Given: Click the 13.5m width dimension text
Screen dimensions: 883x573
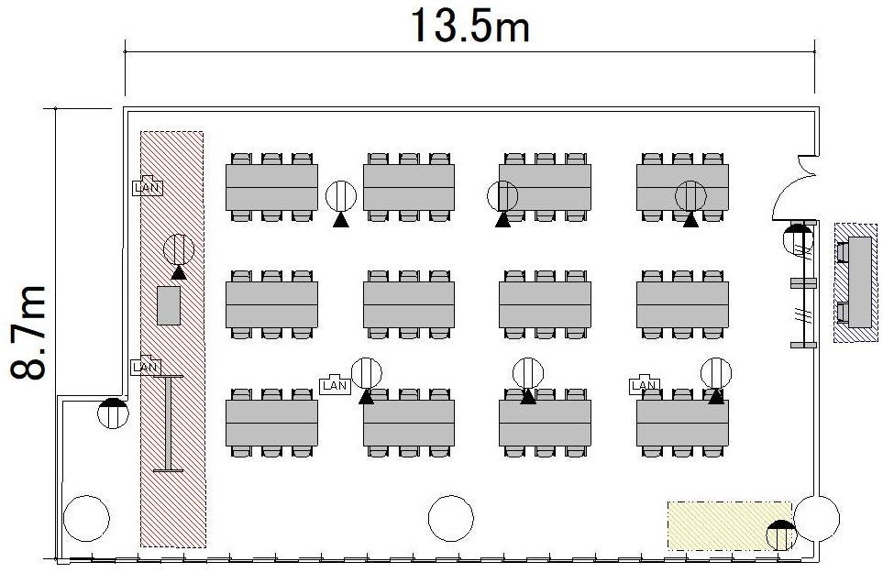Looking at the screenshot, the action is pyautogui.click(x=470, y=26).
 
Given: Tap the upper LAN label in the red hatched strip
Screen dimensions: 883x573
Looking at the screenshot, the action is pyautogui.click(x=148, y=187).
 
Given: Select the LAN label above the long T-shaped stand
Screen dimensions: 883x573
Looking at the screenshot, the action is pyautogui.click(x=145, y=367).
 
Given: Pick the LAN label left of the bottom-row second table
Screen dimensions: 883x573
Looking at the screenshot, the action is pyautogui.click(x=335, y=384).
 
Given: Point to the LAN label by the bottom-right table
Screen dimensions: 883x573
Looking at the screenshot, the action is pyautogui.click(x=645, y=384).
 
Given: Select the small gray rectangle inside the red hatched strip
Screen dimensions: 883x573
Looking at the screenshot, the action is pyautogui.click(x=169, y=305).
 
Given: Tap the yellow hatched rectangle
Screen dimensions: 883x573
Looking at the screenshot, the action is pyautogui.click(x=730, y=525).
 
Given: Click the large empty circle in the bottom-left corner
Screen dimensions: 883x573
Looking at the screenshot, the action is pyautogui.click(x=86, y=518).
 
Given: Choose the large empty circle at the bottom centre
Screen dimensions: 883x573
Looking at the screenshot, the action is pyautogui.click(x=451, y=518).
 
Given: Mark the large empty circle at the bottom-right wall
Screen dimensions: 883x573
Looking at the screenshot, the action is pyautogui.click(x=817, y=518).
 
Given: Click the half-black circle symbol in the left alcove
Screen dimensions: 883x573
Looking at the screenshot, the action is pyautogui.click(x=113, y=413).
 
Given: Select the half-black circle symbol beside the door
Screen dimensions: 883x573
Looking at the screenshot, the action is pyautogui.click(x=799, y=238).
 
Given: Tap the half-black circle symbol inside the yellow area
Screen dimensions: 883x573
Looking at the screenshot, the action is pyautogui.click(x=781, y=535).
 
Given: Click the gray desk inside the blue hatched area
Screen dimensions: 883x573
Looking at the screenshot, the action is pyautogui.click(x=859, y=282).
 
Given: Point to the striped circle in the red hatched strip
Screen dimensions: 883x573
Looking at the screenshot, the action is pyautogui.click(x=179, y=248).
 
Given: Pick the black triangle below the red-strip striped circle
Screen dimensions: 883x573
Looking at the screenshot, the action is pyautogui.click(x=179, y=273).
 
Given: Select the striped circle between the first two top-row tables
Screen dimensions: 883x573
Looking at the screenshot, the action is pyautogui.click(x=341, y=196).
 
